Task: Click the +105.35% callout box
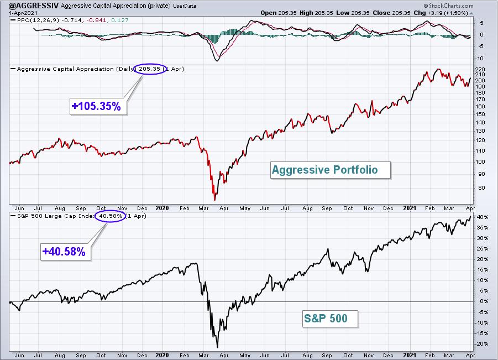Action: pos(98,106)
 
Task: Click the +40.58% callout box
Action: pos(65,252)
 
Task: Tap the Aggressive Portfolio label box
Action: pos(331,170)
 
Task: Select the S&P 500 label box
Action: pos(331,319)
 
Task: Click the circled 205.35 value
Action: pos(150,69)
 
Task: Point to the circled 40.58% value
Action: pos(110,216)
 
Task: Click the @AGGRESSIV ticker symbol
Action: pos(34,6)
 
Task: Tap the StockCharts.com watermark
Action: pos(448,6)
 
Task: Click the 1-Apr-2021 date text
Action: pos(23,13)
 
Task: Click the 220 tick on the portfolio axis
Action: pos(480,69)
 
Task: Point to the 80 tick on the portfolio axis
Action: pos(481,188)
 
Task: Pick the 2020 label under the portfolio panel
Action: pos(162,208)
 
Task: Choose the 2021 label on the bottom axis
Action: pos(410,355)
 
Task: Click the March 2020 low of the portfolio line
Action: pos(214,200)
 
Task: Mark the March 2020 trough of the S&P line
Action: pos(218,347)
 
